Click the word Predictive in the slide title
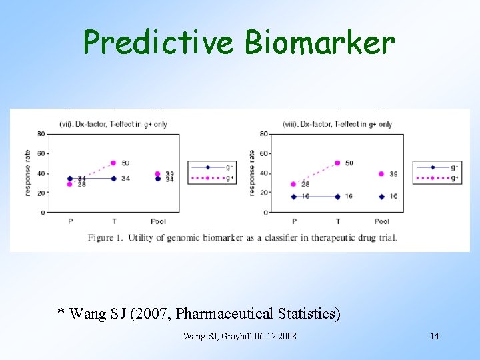[x=159, y=43]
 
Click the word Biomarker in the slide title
[x=319, y=43]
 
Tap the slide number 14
[x=434, y=336]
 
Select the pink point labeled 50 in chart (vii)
[x=113, y=163]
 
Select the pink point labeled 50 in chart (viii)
[x=337, y=163]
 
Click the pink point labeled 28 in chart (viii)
[x=293, y=184]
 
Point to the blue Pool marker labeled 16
[x=382, y=197]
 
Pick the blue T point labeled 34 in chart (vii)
[x=113, y=179]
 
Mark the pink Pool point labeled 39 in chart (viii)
[x=382, y=174]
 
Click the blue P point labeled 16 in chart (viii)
[x=293, y=197]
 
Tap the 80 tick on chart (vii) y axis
[x=41, y=134]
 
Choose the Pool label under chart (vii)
[x=158, y=221]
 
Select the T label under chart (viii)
[x=337, y=221]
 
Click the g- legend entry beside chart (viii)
[x=435, y=167]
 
